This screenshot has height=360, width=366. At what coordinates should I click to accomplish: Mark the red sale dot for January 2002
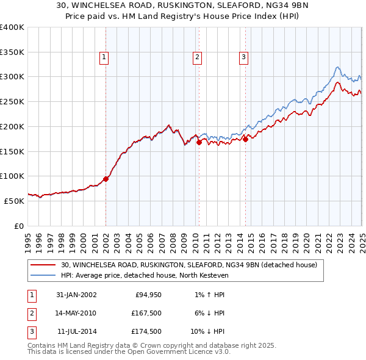pyautogui.click(x=106, y=179)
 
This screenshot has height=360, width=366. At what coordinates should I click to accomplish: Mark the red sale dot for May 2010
pyautogui.click(x=199, y=142)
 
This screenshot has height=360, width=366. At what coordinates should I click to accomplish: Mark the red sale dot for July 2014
pyautogui.click(x=245, y=139)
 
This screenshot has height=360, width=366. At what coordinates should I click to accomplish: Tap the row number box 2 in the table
pyautogui.click(x=31, y=313)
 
